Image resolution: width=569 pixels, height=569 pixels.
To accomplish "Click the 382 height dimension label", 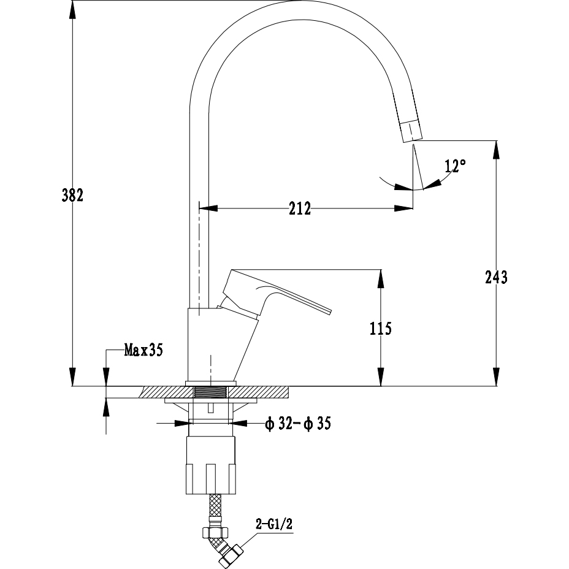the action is pyautogui.click(x=72, y=195).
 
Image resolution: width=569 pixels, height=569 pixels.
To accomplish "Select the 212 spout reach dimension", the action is pyautogui.click(x=300, y=208).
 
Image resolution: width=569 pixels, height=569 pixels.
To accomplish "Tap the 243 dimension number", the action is pyautogui.click(x=497, y=277).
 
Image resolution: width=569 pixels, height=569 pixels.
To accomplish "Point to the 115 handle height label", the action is pyautogui.click(x=381, y=329).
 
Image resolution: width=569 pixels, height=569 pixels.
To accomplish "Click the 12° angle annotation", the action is pyautogui.click(x=455, y=166).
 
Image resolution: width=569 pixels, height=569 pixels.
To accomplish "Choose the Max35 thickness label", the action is pyautogui.click(x=143, y=350).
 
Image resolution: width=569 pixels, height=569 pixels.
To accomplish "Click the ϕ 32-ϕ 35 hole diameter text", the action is pyautogui.click(x=298, y=424).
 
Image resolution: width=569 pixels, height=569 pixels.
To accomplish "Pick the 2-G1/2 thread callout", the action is pyautogui.click(x=274, y=524).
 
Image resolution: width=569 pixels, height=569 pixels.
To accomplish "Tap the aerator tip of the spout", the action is pyautogui.click(x=411, y=131).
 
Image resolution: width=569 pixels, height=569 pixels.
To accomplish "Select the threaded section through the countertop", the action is pyautogui.click(x=210, y=392).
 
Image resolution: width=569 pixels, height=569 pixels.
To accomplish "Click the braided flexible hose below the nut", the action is pyautogui.click(x=215, y=510).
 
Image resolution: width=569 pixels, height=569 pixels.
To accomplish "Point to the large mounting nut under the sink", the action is pyautogui.click(x=210, y=465).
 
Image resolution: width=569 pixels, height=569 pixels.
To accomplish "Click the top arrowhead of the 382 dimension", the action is pyautogui.click(x=72, y=10).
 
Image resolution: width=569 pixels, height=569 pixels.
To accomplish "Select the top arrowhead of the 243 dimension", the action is pyautogui.click(x=497, y=149).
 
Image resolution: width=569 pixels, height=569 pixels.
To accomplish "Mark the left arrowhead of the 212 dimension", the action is pyautogui.click(x=208, y=208).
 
